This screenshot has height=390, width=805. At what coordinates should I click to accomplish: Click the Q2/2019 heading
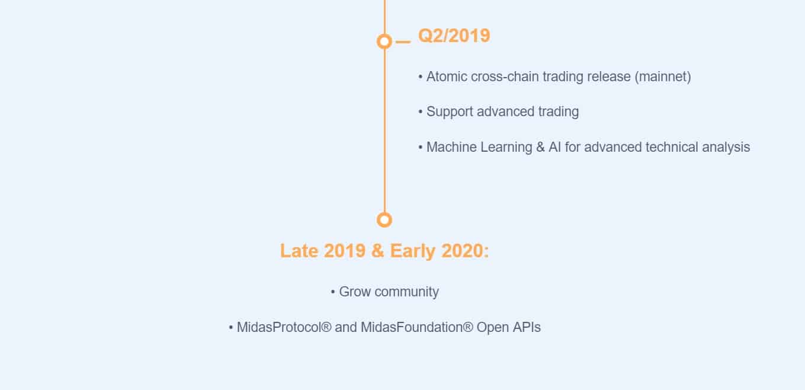(x=454, y=36)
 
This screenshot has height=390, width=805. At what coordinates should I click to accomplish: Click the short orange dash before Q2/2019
(x=403, y=42)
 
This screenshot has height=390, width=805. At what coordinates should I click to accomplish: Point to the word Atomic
(x=447, y=76)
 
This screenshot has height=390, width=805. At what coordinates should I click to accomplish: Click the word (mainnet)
(x=663, y=77)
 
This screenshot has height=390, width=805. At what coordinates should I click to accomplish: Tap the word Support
(x=450, y=112)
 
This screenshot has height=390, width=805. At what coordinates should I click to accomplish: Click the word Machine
(x=452, y=147)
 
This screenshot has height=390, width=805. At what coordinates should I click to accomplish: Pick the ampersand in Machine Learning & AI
(x=540, y=147)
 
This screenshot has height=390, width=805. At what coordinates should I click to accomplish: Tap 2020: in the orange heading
(x=465, y=251)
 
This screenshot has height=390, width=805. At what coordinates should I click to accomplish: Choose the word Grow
(x=355, y=292)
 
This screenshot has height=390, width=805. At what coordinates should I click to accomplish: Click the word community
(x=406, y=292)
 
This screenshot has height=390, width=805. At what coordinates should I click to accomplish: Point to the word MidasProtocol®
(x=284, y=327)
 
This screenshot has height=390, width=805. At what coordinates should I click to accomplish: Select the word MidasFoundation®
(x=417, y=327)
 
